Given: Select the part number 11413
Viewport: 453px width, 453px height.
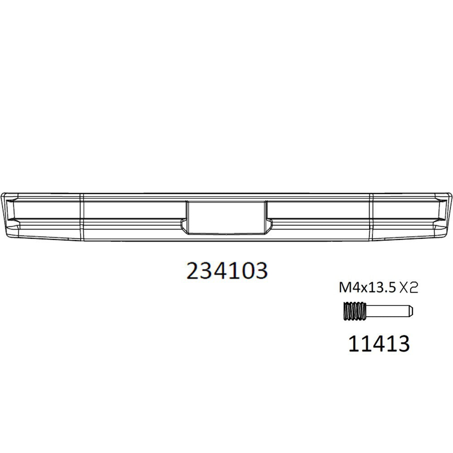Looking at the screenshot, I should point(379,343).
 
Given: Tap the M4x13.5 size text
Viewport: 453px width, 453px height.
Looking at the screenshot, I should point(367,287).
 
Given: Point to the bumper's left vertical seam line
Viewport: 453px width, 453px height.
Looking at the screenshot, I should point(82,216).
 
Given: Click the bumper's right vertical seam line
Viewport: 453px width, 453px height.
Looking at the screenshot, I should point(371,216).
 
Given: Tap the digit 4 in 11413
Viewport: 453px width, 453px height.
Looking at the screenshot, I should point(379,343).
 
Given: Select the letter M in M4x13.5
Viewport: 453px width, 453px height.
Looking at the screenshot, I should point(344,287).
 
